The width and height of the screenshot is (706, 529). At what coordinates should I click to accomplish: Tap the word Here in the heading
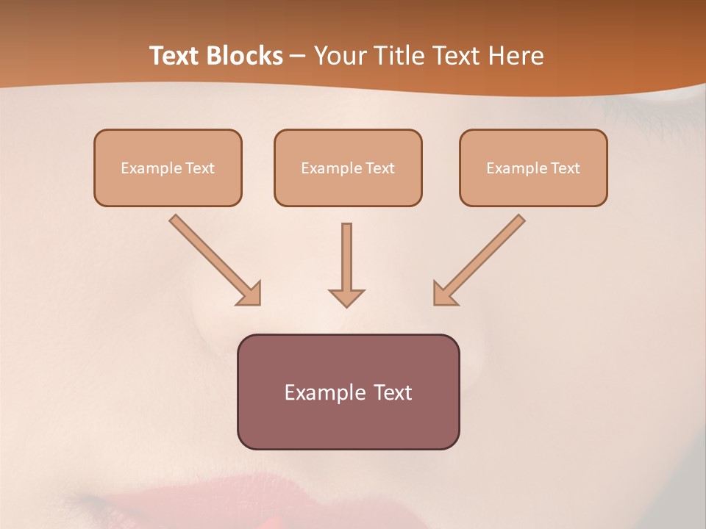tap(515, 56)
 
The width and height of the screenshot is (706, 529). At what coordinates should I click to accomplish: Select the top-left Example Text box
tap(168, 168)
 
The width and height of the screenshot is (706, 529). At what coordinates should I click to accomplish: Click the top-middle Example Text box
tap(348, 168)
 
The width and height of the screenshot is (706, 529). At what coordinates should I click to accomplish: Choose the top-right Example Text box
tap(533, 168)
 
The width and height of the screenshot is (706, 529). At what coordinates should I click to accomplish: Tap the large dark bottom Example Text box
tap(348, 392)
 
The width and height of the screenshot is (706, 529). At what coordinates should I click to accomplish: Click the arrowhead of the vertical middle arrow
tap(346, 297)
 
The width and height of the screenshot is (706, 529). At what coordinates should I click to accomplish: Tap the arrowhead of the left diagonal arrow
tap(250, 293)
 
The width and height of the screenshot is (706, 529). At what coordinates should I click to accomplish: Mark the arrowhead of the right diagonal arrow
tap(444, 293)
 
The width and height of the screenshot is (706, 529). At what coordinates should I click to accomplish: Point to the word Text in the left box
tap(199, 168)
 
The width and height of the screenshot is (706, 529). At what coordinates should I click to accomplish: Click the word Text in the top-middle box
tap(379, 168)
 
